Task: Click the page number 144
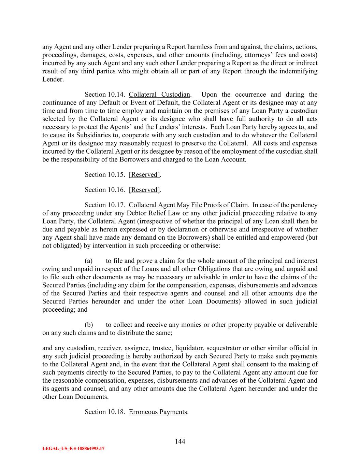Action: click(x=180, y=441)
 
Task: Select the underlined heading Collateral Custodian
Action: click(x=159, y=94)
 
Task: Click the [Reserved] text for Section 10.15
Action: click(x=144, y=174)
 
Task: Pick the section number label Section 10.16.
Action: click(x=105, y=189)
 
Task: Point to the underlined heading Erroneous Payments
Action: click(x=158, y=412)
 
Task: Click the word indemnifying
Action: click(x=297, y=71)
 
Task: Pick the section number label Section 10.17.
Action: click(x=105, y=205)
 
